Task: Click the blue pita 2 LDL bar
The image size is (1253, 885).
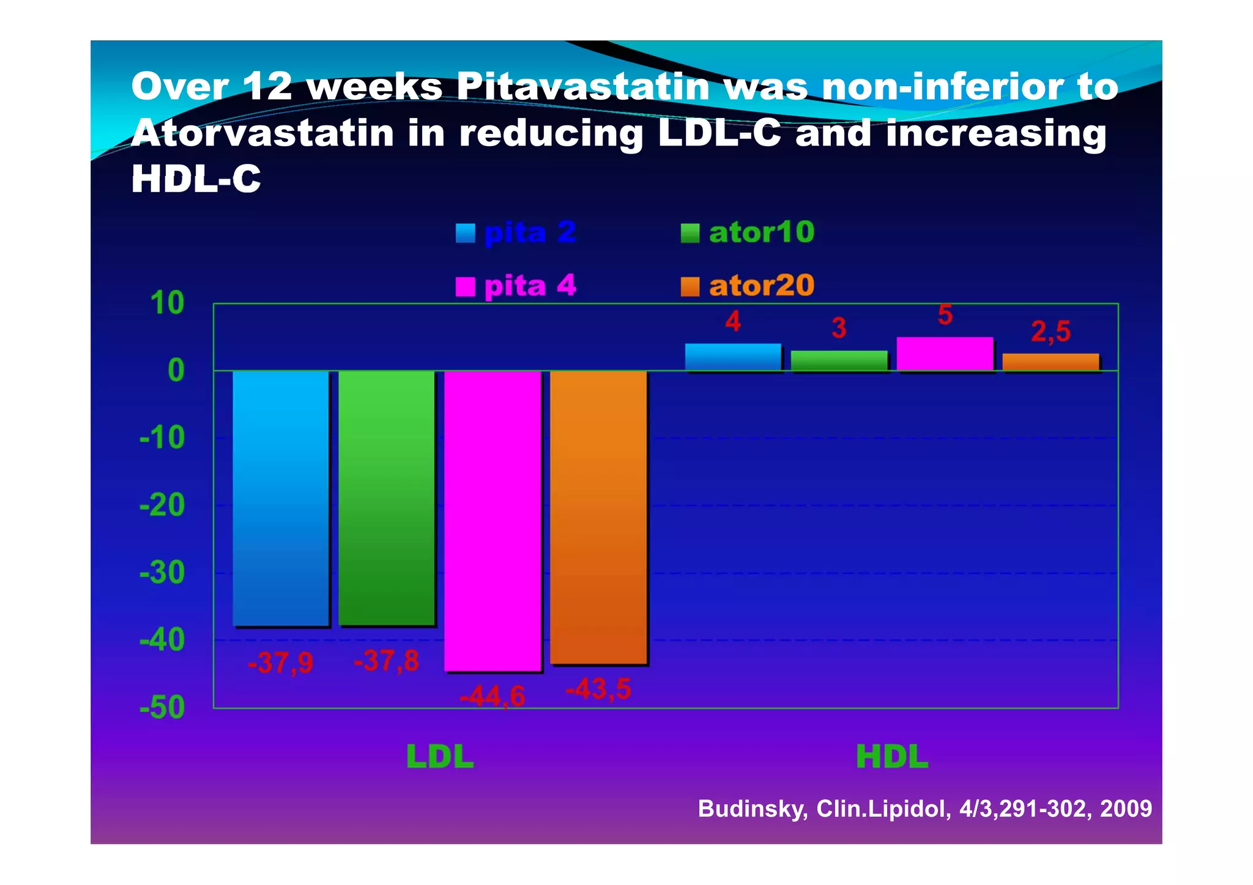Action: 281,498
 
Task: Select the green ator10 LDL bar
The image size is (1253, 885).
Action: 387,498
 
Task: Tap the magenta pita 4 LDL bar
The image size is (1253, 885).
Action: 493,520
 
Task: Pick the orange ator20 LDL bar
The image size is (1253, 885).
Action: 598,517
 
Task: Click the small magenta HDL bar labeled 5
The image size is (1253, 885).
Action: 945,354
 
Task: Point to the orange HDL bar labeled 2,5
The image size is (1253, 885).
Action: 1050,362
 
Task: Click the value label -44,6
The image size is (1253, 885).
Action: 493,696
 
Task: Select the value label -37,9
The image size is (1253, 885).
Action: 280,663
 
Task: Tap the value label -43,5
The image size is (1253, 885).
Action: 598,689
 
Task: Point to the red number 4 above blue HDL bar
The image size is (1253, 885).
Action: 733,322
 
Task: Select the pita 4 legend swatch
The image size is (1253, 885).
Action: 466,286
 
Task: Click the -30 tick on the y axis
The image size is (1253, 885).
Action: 162,573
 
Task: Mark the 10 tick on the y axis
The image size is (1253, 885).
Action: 167,303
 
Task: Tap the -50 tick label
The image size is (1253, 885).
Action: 162,708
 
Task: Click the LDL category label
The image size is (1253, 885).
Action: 440,757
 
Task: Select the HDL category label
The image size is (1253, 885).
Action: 892,757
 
